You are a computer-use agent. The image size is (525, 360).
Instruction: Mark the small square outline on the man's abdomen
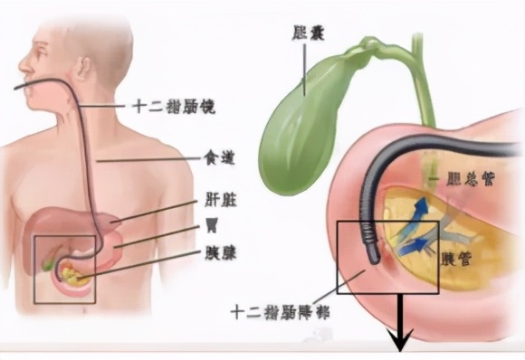[64, 268]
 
